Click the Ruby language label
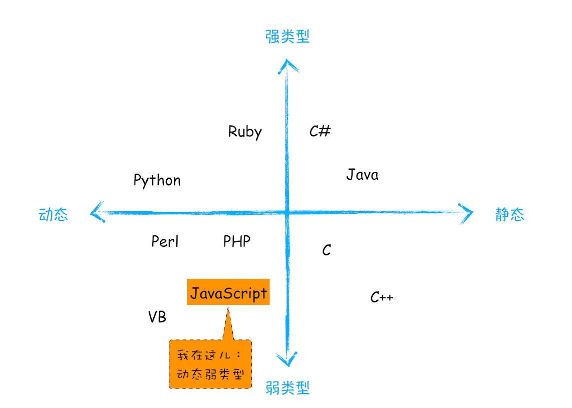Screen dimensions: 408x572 245,132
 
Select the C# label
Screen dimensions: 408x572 320,132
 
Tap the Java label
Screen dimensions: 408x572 362,175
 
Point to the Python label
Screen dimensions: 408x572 157,180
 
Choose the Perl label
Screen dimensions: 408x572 165,242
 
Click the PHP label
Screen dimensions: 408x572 237,242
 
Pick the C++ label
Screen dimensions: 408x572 382,297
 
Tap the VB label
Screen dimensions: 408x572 157,317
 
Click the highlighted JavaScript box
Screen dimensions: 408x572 228,293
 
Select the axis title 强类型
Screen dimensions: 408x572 288,37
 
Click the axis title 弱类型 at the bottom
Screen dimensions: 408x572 288,387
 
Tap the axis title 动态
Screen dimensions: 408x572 53,215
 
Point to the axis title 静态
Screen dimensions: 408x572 509,215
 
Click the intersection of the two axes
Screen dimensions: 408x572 288,213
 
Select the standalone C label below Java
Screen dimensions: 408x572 327,250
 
